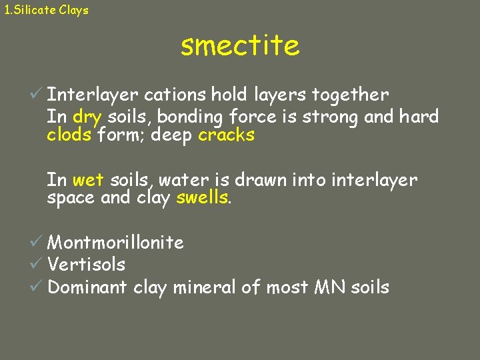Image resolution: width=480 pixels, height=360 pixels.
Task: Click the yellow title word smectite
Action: click(x=240, y=46)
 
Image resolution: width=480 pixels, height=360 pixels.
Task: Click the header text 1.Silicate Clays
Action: click(x=46, y=10)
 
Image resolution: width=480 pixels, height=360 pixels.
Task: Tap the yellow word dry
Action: click(x=87, y=117)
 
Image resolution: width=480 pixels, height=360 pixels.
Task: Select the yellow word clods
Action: click(x=69, y=135)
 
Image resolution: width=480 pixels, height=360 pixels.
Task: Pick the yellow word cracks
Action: click(x=226, y=135)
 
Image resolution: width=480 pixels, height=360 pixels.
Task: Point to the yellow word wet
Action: click(x=88, y=180)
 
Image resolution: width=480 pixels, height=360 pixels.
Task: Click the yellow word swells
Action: click(x=203, y=198)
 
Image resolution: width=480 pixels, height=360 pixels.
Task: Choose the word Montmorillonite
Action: click(x=115, y=242)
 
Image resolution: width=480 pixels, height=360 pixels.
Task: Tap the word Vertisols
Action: click(x=86, y=265)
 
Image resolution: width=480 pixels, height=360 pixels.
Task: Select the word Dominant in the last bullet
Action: click(x=87, y=287)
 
